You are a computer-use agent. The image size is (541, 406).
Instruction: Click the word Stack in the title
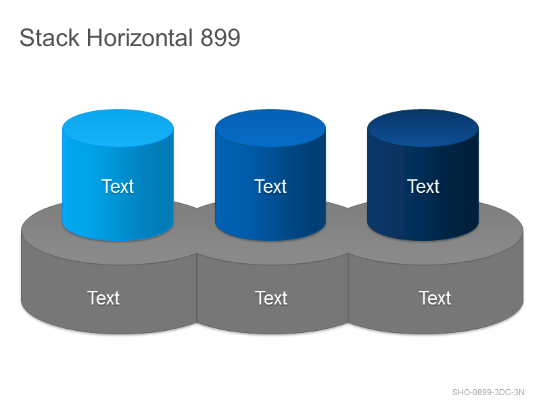(49, 37)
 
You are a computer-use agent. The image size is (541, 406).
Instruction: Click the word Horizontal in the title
(140, 37)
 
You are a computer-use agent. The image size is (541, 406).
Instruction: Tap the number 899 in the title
(220, 37)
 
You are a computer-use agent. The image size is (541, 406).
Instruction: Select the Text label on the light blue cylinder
(117, 187)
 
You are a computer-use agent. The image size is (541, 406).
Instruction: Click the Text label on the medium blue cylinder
(270, 187)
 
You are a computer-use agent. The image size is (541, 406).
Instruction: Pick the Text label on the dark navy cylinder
(423, 187)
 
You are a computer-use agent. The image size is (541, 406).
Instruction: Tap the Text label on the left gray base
(103, 298)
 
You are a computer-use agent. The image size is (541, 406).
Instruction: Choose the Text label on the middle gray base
(271, 298)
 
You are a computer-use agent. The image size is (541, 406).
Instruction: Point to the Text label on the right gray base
(435, 298)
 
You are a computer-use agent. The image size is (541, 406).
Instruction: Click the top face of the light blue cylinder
(118, 128)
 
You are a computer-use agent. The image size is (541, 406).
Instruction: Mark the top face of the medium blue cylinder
(270, 128)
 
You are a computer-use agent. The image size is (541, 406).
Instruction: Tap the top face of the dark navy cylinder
(423, 128)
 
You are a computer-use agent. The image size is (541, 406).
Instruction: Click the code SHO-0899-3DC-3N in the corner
(488, 392)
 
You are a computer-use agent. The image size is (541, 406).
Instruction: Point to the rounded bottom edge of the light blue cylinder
(118, 240)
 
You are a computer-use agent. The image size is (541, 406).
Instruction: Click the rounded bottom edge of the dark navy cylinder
(423, 240)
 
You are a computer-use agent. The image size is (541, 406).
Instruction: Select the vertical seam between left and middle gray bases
(197, 288)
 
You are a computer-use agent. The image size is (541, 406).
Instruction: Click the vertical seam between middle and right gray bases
(348, 288)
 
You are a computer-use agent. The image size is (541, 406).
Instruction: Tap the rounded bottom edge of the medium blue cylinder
(270, 240)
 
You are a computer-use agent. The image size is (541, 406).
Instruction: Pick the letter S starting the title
(26, 38)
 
